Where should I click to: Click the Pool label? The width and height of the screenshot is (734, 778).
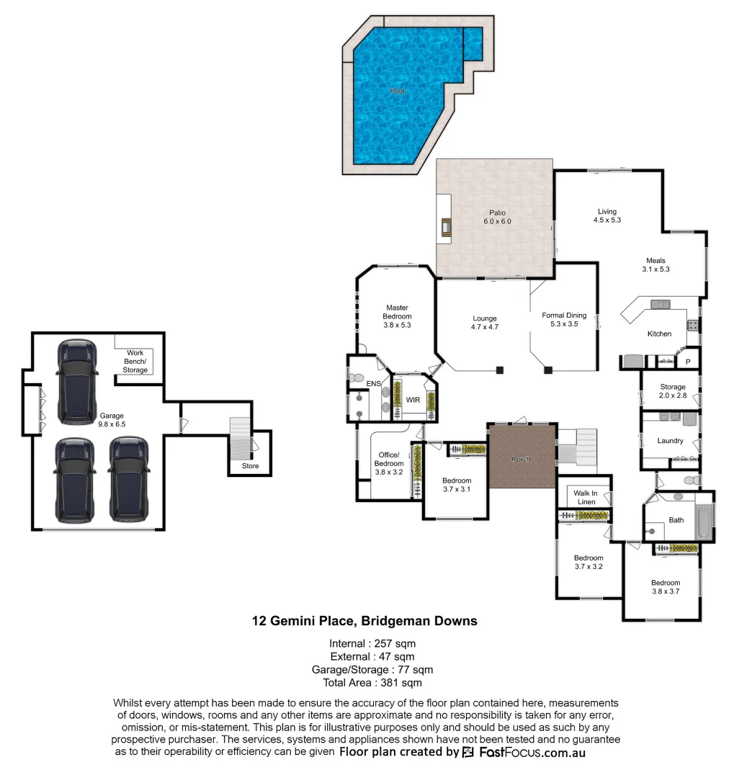point(398,91)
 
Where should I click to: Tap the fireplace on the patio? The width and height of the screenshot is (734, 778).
point(447,227)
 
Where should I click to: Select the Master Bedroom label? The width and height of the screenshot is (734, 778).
point(397,316)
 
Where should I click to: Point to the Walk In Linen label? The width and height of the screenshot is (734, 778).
point(586,497)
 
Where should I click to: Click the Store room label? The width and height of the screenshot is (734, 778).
point(250,467)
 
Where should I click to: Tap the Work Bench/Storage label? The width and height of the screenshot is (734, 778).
point(135,362)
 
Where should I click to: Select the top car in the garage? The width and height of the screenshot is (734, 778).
point(77,381)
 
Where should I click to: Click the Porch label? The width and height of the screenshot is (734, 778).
point(522,459)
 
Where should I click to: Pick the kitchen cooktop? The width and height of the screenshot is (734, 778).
point(693,324)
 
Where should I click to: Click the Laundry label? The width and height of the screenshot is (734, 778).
point(670,441)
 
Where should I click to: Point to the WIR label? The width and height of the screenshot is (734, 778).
point(413,398)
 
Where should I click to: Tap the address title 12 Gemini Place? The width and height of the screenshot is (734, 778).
point(364,620)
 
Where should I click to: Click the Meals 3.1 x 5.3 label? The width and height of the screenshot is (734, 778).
point(655,265)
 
